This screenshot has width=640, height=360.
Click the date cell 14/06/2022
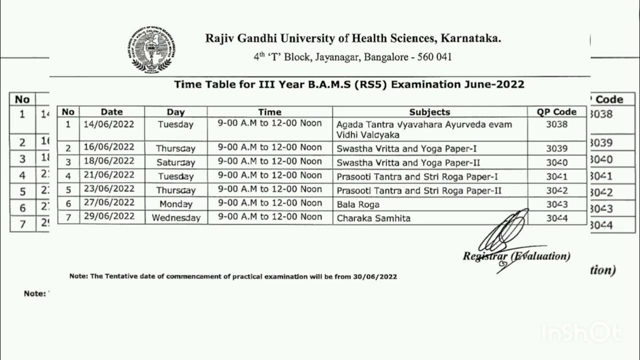click(109, 124)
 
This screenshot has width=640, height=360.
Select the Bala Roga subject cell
click(358, 204)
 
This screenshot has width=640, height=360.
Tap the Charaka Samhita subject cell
click(373, 218)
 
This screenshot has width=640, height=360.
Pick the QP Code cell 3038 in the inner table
click(556, 124)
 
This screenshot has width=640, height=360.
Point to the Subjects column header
click(429, 112)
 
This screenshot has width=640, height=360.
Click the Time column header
click(269, 112)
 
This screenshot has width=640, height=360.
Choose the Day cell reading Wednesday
click(176, 217)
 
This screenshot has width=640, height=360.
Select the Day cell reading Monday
click(176, 203)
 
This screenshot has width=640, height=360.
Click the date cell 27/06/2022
click(109, 202)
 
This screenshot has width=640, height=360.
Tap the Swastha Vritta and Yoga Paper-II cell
click(408, 162)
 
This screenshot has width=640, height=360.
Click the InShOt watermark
click(581, 332)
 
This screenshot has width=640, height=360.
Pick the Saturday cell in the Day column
click(175, 162)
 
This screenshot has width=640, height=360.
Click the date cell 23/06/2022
click(109, 189)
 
